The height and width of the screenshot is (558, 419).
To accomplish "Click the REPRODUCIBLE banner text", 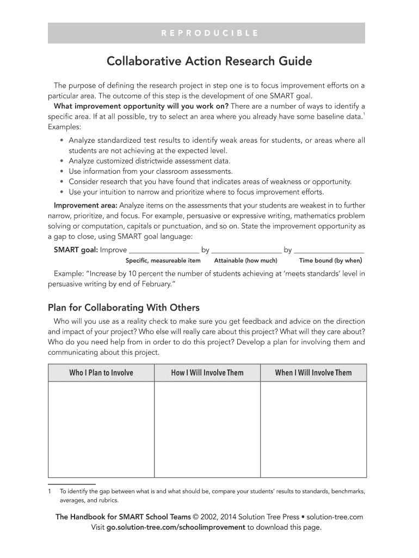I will click(x=209, y=33).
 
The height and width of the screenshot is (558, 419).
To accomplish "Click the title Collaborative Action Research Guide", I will click(x=209, y=61).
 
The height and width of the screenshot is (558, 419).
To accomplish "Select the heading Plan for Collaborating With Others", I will click(x=124, y=307).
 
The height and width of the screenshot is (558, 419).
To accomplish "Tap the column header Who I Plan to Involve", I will click(x=101, y=373).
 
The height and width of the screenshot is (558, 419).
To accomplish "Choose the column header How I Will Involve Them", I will click(x=207, y=373).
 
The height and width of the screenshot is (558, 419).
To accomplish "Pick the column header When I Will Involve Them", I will click(x=313, y=373).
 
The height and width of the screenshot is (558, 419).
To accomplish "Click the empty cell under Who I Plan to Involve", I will click(x=101, y=429).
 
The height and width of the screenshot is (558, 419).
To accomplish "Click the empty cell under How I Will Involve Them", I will click(x=207, y=429).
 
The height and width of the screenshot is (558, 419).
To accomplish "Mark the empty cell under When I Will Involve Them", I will click(x=313, y=429).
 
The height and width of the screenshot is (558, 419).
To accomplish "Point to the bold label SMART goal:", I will click(x=76, y=250).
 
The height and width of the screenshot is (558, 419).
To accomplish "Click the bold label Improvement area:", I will click(x=85, y=205).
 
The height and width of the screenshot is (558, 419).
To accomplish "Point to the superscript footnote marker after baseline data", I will click(x=363, y=114).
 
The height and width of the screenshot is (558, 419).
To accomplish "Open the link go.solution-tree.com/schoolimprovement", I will click(x=176, y=527).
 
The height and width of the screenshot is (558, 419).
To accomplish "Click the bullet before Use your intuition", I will click(x=63, y=192).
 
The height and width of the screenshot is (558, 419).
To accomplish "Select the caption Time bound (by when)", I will click(x=330, y=260).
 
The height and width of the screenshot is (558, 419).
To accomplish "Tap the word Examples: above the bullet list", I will click(x=64, y=127).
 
